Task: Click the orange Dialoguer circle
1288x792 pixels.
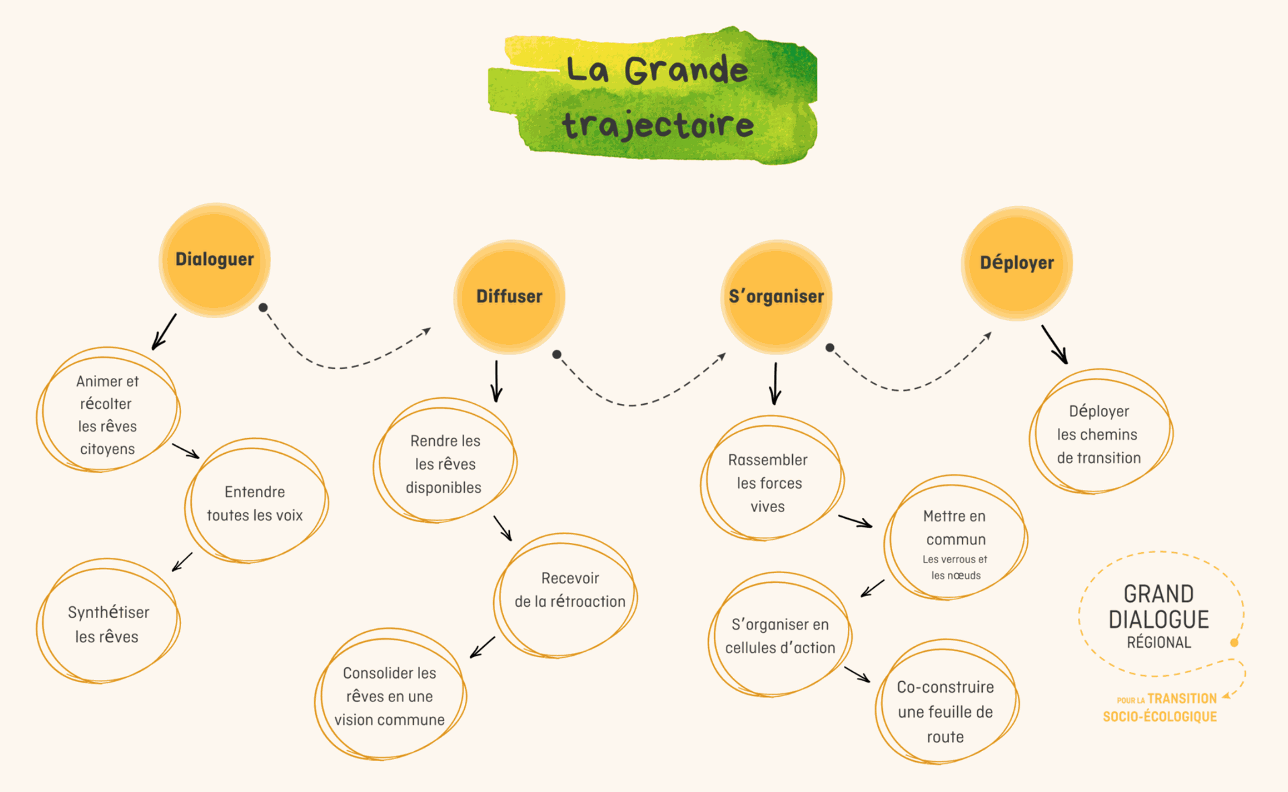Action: [215, 260]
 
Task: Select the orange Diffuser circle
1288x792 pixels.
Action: [509, 297]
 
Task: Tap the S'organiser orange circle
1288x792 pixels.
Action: [776, 297]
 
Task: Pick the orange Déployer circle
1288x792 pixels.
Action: [1016, 263]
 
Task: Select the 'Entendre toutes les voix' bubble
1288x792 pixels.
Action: [255, 503]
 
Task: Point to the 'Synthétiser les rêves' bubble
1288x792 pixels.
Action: [107, 624]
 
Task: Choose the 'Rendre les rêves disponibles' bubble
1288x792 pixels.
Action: [445, 464]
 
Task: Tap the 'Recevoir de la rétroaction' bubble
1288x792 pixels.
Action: [570, 590]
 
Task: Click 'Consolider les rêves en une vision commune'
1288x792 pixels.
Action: [390, 696]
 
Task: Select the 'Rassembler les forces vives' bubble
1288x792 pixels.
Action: [769, 483]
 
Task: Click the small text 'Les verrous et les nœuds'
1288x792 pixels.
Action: [955, 567]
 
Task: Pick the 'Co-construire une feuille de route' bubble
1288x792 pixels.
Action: [945, 711]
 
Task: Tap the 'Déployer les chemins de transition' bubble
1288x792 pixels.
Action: [1099, 434]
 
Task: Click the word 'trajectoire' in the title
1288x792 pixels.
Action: [658, 126]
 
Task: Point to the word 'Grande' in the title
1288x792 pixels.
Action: [686, 70]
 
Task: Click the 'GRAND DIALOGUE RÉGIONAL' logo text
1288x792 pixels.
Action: [1159, 616]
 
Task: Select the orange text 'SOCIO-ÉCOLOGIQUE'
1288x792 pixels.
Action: [1160, 717]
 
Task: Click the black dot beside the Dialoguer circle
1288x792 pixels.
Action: [263, 307]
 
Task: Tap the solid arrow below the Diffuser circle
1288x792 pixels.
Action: [496, 381]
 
